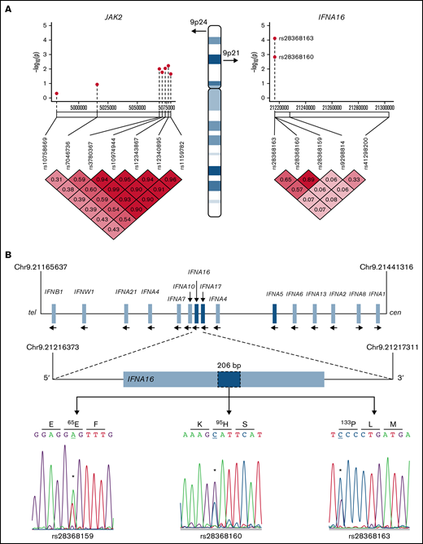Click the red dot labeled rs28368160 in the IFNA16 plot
pyautogui.click(x=275, y=56)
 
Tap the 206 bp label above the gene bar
pyautogui.click(x=230, y=366)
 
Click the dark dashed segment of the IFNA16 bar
pyautogui.click(x=230, y=379)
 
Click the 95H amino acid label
pyautogui.click(x=230, y=426)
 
